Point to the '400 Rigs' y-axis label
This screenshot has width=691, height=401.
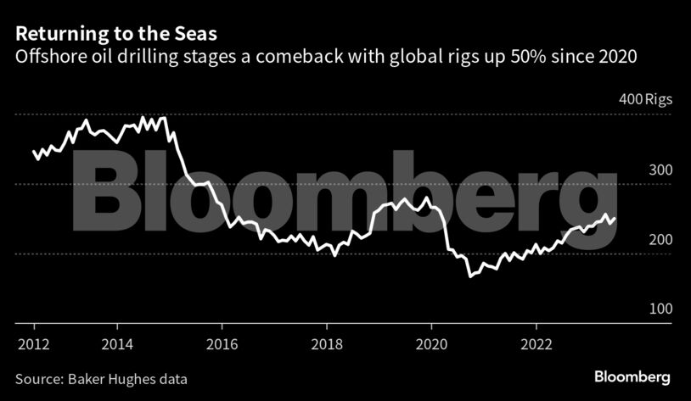645,99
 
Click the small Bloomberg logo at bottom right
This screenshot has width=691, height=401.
632,376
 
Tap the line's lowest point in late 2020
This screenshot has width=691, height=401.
469,276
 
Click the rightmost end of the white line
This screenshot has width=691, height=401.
616,218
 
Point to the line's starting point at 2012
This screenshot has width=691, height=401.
34,152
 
